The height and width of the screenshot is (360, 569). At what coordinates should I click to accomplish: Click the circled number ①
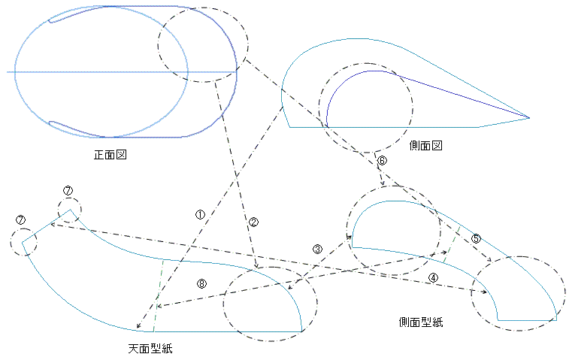click(199, 214)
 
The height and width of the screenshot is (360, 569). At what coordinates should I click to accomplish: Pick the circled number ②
click(253, 222)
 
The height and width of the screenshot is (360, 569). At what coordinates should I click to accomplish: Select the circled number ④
click(433, 277)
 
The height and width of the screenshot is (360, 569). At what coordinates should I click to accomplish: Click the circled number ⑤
click(476, 238)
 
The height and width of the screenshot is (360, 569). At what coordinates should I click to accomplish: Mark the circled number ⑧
click(201, 283)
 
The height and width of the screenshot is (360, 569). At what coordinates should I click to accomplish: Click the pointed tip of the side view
click(528, 117)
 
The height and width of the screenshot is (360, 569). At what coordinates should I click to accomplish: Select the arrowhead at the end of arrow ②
click(258, 267)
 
